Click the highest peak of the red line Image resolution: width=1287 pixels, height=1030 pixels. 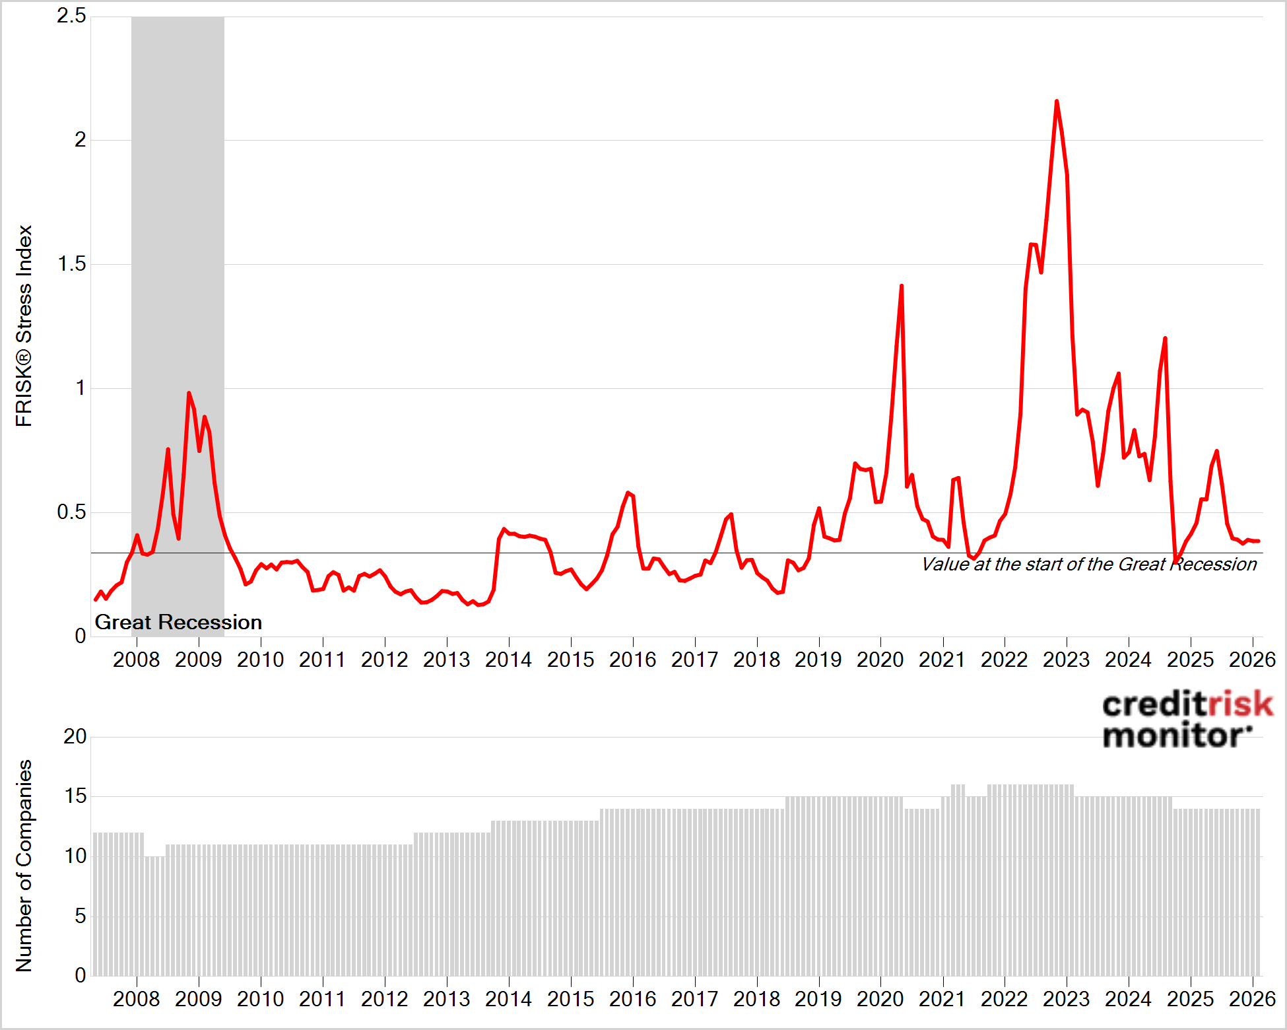coord(1057,102)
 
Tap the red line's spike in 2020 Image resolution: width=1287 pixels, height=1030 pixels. coord(902,286)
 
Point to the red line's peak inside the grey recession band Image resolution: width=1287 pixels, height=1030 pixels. coord(189,394)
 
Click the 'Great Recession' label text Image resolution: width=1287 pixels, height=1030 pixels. coord(178,622)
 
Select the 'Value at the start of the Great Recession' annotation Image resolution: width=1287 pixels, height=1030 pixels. coord(1089,565)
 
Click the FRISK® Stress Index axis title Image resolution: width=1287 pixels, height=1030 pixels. coord(24,326)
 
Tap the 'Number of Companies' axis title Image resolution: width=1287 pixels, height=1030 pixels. coord(24,866)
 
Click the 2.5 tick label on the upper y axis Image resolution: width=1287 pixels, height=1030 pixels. coord(71,16)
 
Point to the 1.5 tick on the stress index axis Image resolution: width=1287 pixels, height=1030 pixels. coord(71,264)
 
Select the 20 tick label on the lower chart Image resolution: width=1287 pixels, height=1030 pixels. coord(75,736)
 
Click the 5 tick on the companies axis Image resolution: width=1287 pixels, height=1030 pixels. coord(80,916)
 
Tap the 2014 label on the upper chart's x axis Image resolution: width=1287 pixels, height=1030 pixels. coord(508,660)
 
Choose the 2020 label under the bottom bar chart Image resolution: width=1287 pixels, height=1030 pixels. coord(880,999)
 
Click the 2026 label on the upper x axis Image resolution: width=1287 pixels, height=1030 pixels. coord(1252,660)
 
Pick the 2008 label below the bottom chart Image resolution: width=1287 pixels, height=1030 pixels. coord(137,999)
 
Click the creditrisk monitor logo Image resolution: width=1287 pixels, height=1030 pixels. coord(1187,720)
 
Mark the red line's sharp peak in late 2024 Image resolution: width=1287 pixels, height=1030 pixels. coord(1165,339)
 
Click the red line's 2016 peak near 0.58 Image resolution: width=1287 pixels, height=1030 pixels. coord(628,493)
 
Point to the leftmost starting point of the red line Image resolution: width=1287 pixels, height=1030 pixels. coord(96,600)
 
